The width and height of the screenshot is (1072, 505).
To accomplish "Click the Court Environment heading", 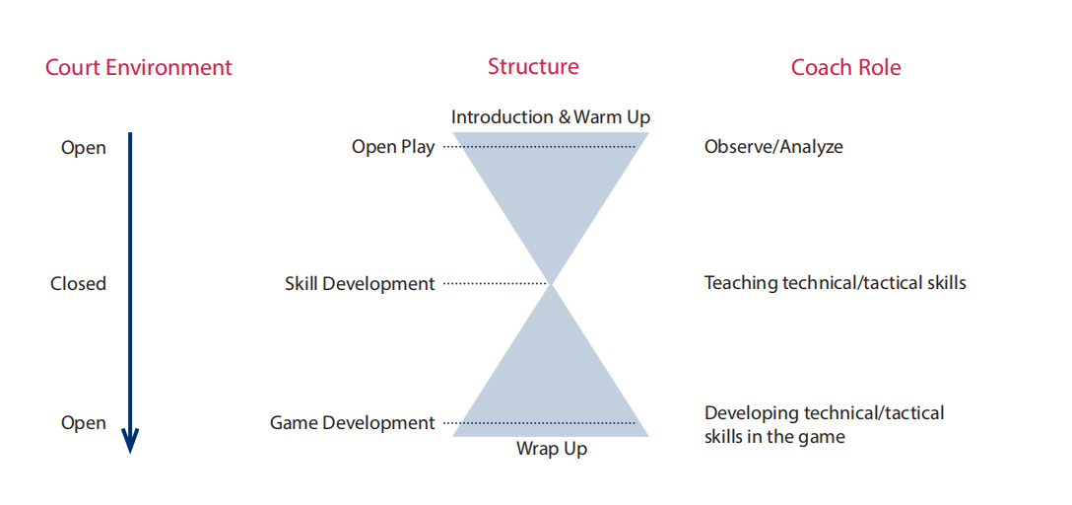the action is click(139, 68).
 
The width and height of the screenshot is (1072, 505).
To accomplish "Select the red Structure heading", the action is click(533, 66).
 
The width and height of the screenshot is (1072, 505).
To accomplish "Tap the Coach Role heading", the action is click(845, 67).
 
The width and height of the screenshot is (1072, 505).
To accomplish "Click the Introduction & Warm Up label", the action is click(551, 117).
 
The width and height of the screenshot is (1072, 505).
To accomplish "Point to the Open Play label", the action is click(393, 147).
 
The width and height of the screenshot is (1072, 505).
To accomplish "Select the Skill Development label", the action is click(360, 283).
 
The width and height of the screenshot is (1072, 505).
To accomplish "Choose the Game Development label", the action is click(352, 423).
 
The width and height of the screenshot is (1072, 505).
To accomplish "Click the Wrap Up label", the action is click(551, 449).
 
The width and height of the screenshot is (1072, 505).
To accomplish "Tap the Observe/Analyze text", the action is click(773, 146).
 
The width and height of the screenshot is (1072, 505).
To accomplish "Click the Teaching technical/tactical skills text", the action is click(836, 283).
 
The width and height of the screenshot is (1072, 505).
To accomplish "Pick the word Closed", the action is click(78, 283).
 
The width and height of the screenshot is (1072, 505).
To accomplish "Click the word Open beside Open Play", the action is click(84, 148).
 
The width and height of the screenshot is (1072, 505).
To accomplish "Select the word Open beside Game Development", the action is click(84, 423).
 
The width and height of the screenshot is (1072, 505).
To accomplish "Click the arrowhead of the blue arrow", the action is click(130, 441).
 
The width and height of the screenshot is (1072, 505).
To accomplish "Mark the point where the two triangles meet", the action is click(551, 283).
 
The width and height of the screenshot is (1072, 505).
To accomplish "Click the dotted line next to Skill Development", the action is click(494, 283).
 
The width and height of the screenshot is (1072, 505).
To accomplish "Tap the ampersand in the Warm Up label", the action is click(564, 117).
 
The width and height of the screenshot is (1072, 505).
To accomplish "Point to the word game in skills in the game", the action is click(824, 437).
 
